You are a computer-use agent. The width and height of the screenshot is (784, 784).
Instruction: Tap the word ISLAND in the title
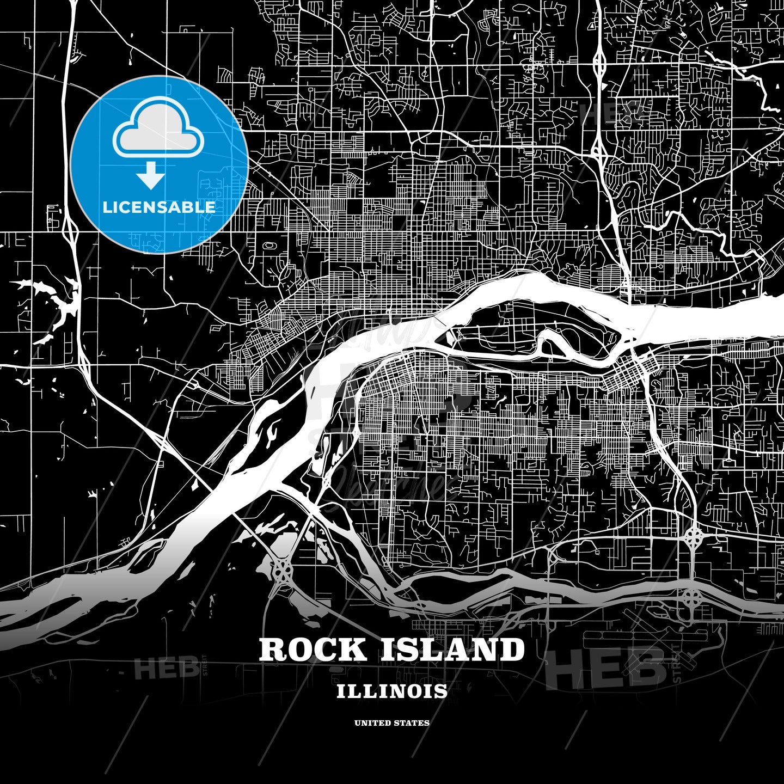[452, 650]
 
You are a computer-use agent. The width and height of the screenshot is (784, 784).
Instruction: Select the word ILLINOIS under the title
[392, 691]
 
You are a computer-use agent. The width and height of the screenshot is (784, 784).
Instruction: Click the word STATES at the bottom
[412, 723]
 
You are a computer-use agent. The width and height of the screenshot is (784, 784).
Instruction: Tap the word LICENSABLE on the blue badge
[159, 207]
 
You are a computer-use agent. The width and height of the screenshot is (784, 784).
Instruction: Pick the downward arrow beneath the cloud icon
[151, 175]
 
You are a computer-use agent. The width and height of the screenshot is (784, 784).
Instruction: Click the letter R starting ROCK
[272, 650]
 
